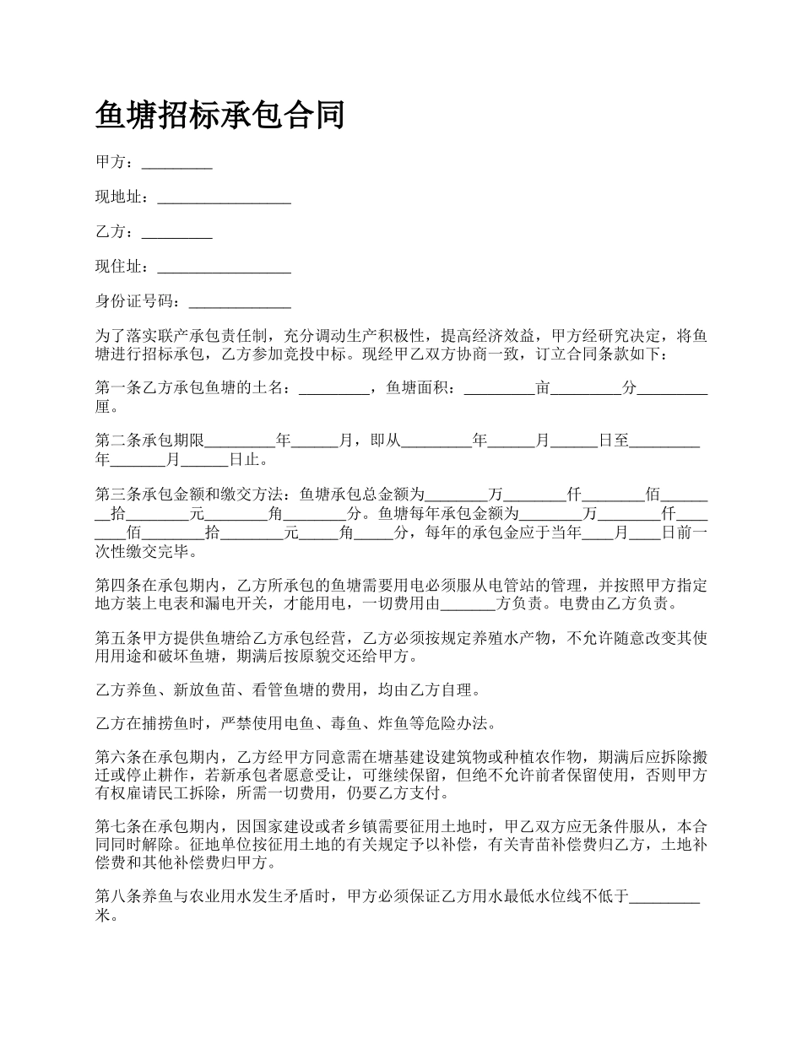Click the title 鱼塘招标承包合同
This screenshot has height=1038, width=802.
coord(220,115)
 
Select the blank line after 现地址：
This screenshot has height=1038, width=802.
coord(224,200)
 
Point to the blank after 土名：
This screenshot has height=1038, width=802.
coord(334,391)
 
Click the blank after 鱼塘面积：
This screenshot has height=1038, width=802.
coord(499,391)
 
